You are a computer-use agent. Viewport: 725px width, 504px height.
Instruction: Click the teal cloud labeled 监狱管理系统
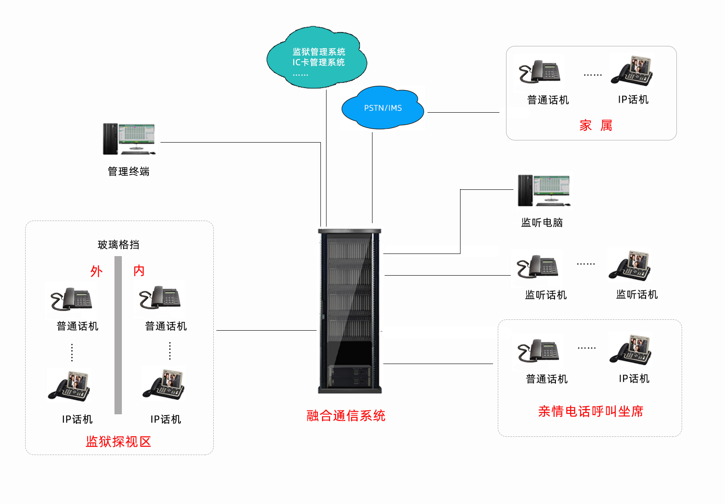(317, 58)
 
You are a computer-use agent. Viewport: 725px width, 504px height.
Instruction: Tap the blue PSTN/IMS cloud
(382, 108)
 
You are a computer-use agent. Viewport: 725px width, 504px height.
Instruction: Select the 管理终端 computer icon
(129, 139)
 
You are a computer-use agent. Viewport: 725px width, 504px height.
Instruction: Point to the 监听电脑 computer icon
(544, 191)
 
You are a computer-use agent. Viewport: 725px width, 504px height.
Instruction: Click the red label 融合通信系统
(346, 416)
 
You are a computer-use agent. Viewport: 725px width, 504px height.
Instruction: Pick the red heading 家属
(595, 126)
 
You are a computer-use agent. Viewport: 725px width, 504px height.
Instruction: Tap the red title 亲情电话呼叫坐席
(591, 411)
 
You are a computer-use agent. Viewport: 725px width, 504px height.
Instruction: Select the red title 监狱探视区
(118, 442)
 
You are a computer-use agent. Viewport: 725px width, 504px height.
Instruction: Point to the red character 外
(96, 271)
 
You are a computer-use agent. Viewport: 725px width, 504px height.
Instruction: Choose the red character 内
(139, 271)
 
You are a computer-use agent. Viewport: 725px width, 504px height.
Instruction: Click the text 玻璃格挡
(118, 245)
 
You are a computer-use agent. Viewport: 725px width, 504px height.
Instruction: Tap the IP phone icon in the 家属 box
(632, 71)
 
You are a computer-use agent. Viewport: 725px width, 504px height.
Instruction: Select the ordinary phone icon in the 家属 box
(540, 72)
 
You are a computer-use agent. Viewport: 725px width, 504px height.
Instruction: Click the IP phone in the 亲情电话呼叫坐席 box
(631, 350)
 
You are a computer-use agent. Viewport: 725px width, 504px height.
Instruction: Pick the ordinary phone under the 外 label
(71, 299)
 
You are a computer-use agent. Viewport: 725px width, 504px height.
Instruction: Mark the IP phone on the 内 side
(164, 384)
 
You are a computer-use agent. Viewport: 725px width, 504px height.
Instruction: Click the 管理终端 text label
(128, 172)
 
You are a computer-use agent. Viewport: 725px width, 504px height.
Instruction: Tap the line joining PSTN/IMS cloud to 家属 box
(463, 113)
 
